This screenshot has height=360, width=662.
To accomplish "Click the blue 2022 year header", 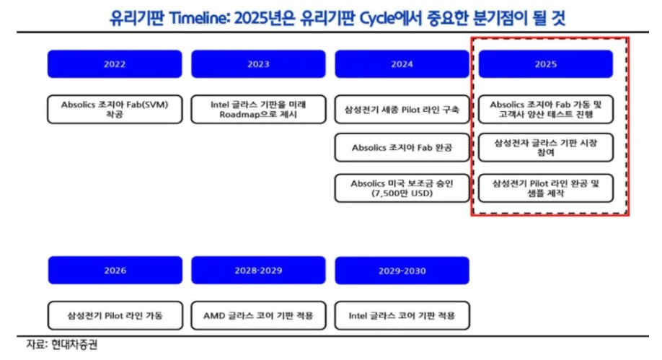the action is tap(115, 63).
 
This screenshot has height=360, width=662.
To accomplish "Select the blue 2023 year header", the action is tap(258, 63).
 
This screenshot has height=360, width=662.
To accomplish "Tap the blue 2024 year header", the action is tap(402, 63).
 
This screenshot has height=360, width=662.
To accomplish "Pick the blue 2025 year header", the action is tap(545, 63).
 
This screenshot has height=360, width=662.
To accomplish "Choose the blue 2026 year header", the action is tap(115, 270).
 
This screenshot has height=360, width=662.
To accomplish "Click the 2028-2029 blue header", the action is tap(258, 270).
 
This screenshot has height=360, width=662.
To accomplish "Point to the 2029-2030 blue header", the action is tap(402, 271).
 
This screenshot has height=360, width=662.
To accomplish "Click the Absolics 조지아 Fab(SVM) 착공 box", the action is tap(115, 109).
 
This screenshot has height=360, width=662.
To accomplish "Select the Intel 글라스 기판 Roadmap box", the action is tap(258, 109).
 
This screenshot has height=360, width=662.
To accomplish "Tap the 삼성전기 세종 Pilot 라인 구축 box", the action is tap(402, 109).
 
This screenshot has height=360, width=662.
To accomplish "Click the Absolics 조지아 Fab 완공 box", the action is tap(402, 147).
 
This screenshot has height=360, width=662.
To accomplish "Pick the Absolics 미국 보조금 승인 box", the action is tap(402, 188).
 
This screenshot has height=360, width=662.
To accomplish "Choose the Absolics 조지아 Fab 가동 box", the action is tap(546, 109).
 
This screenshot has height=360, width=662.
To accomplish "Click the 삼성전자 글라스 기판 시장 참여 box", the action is tap(546, 147).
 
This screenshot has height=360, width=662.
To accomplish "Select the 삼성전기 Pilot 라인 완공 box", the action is tap(546, 188).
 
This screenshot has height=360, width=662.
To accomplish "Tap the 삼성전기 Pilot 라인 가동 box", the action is tap(115, 315).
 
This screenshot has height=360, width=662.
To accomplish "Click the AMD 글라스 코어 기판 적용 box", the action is tap(258, 315).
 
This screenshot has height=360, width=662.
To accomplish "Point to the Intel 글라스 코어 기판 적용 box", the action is tap(402, 315).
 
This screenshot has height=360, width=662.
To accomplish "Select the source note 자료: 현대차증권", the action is tap(61, 344).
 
